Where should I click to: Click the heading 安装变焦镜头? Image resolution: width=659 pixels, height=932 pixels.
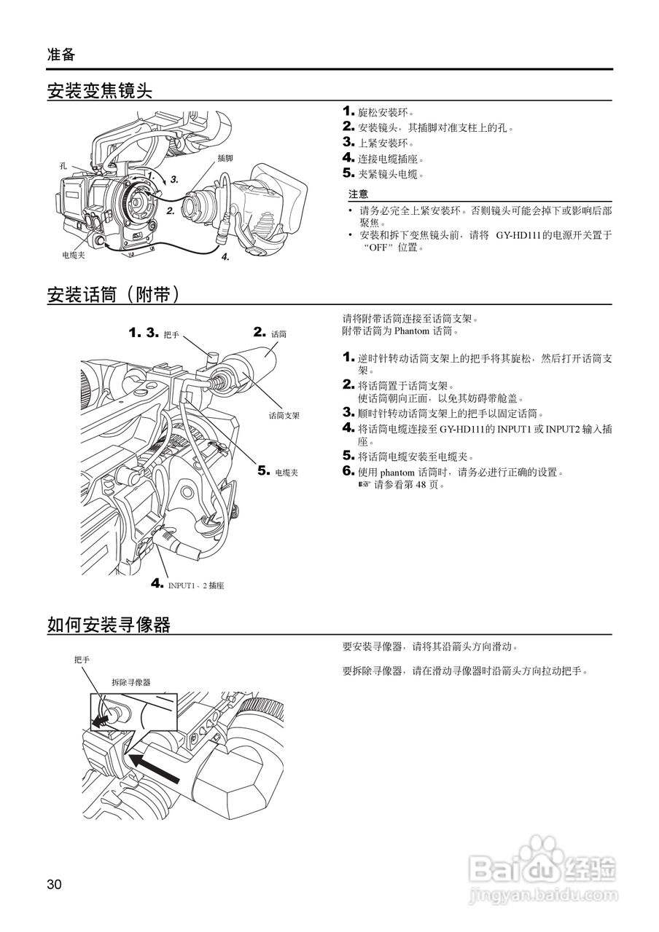coord(99,91)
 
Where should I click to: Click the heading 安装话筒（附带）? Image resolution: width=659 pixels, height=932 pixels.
coord(113,294)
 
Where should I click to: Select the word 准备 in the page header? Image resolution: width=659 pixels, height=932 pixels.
coord(61,54)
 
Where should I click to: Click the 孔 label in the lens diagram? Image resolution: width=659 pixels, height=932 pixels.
coord(63,166)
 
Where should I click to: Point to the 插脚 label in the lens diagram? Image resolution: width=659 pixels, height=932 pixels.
coord(225,158)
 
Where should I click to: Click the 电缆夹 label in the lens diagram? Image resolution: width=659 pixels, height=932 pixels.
coord(74,256)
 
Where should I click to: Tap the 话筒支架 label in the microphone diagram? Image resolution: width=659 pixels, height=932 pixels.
coord(284,415)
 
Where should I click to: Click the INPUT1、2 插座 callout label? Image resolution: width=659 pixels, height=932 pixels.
coord(195,585)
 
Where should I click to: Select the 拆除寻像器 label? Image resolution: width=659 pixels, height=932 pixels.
coord(130,682)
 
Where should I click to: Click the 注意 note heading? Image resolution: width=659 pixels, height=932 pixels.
coord(358,194)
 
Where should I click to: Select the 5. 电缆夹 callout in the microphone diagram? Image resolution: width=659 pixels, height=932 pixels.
coord(278,472)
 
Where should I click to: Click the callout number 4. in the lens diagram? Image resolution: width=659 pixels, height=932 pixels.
coord(225,256)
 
